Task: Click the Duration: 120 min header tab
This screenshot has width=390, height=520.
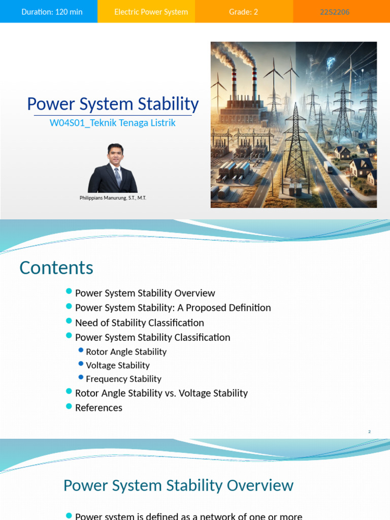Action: point(52,12)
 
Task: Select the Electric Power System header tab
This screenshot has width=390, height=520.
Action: point(151,12)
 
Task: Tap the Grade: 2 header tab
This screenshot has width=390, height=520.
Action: point(243,12)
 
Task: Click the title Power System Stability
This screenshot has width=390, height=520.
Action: point(113,104)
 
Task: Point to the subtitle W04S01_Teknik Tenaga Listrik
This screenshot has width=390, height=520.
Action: point(113,123)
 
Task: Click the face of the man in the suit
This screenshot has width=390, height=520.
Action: point(115,155)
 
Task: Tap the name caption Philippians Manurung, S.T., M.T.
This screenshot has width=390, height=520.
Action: point(113,198)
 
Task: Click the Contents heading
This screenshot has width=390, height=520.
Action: point(56,268)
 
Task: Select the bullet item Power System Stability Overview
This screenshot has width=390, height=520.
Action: point(145,293)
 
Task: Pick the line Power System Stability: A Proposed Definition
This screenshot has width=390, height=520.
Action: point(173,308)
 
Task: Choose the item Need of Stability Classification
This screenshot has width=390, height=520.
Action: point(139,322)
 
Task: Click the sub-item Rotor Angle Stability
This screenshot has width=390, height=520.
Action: point(126,351)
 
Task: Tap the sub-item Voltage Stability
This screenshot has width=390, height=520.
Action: point(118,365)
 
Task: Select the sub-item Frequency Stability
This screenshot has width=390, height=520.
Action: point(123,379)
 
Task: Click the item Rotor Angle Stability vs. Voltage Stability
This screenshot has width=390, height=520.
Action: point(161,393)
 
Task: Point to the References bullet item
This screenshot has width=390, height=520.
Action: point(99,407)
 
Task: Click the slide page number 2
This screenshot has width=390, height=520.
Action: point(369,432)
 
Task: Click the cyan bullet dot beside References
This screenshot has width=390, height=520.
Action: point(69,406)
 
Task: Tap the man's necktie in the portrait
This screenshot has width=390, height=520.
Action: point(117,176)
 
